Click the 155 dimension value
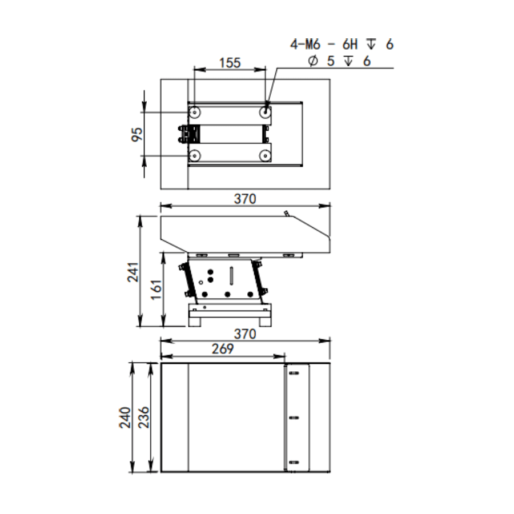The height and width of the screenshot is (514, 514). point(230,63)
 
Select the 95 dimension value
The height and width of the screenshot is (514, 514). point(137,134)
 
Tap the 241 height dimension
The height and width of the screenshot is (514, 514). point(133,272)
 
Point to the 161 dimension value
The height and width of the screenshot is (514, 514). point(156,290)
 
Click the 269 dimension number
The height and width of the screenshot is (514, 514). point(223,349)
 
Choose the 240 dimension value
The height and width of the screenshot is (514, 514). point(125,417)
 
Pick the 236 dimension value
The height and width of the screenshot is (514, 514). point(143,417)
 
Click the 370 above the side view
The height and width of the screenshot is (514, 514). point(245,199)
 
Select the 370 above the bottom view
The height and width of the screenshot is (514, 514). point(245,334)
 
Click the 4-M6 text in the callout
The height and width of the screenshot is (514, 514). point(305,44)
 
